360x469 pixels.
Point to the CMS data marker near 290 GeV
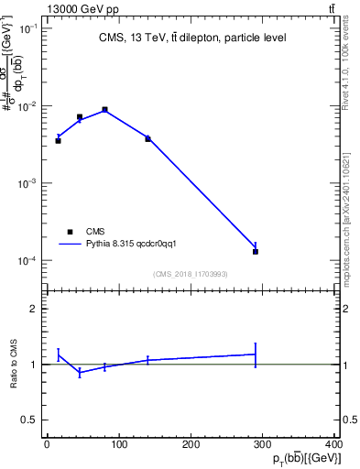256,251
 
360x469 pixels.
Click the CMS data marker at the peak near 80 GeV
105,110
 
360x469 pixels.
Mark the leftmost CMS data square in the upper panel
58,140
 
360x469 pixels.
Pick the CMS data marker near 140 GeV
147,138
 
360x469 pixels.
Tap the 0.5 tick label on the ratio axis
31,420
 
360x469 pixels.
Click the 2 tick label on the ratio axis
35,310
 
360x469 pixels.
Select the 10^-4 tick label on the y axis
27,261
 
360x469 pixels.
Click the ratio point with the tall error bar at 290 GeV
256,354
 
